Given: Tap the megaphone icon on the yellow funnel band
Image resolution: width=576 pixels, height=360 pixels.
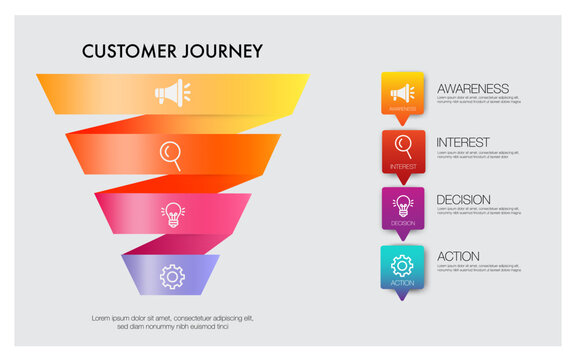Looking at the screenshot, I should pyautogui.click(x=170, y=93).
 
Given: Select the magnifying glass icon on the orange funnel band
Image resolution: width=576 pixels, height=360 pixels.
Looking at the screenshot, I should pyautogui.click(x=172, y=154).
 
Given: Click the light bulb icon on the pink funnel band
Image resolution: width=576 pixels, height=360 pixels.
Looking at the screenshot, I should pyautogui.click(x=172, y=213).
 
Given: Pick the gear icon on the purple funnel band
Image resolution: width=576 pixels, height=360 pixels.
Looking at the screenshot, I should pyautogui.click(x=172, y=274).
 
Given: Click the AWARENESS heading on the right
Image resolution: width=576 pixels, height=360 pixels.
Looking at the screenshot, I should pyautogui.click(x=473, y=89).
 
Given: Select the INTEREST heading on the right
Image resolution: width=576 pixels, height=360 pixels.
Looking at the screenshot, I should pyautogui.click(x=463, y=143).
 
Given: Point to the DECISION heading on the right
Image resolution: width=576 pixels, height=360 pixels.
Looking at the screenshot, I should pyautogui.click(x=464, y=200).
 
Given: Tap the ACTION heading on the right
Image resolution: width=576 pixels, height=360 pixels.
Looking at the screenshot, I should pyautogui.click(x=458, y=256).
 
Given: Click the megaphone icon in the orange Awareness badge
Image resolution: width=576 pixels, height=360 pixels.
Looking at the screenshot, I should pyautogui.click(x=403, y=93).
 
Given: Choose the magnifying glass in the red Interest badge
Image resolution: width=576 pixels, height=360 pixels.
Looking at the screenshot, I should pyautogui.click(x=403, y=147).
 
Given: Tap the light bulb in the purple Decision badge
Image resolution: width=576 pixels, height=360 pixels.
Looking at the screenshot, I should pyautogui.click(x=403, y=205).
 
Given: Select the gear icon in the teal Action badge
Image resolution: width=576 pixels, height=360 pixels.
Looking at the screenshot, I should pyautogui.click(x=403, y=264).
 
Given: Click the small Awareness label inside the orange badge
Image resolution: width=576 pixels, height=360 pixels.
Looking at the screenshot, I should pyautogui.click(x=403, y=108).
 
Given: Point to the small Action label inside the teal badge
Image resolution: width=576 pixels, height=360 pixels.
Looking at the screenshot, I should pyautogui.click(x=403, y=283).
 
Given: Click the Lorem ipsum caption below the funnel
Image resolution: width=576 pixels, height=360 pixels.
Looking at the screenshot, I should pyautogui.click(x=172, y=322).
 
